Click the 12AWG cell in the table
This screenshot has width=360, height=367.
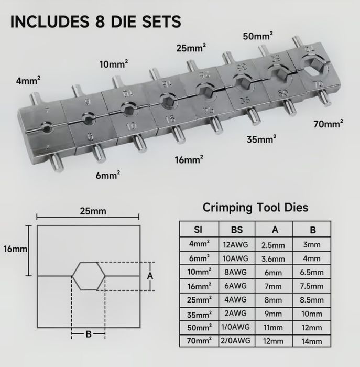tap(236, 245)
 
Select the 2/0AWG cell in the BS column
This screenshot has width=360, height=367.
tap(236, 341)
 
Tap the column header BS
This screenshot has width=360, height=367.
tap(237, 230)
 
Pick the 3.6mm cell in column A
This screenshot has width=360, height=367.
tap(273, 259)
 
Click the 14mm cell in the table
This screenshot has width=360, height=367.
tap(312, 341)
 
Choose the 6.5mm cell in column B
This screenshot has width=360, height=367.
tap(312, 272)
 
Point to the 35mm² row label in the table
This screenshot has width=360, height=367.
tap(199, 315)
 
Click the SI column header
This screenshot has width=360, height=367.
tap(198, 230)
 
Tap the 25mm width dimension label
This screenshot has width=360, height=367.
tap(93, 211)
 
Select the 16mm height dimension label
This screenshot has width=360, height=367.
tap(15, 249)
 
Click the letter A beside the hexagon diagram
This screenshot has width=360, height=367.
tap(150, 276)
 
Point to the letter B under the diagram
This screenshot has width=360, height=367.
tap(89, 334)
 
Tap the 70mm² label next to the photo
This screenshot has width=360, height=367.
tap(329, 124)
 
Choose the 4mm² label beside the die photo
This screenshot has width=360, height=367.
tap(28, 81)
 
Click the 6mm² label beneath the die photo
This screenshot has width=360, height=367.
tap(108, 175)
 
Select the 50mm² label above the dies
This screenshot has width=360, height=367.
tap(258, 36)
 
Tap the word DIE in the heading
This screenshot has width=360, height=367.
tap(124, 21)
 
